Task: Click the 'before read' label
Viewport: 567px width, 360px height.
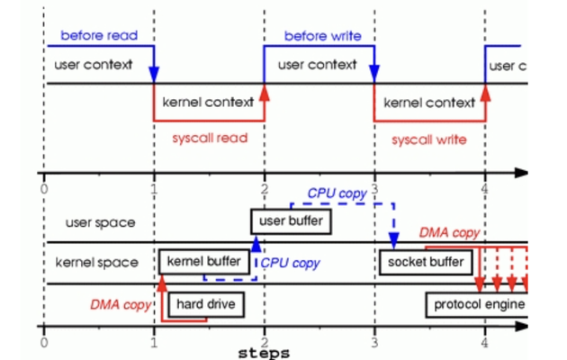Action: (x=99, y=35)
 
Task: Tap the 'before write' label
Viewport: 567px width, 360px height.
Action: (x=322, y=36)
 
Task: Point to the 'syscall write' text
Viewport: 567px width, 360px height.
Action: (x=428, y=139)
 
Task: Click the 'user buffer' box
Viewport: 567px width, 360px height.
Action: (x=290, y=220)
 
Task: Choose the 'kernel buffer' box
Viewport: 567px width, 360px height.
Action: (x=204, y=262)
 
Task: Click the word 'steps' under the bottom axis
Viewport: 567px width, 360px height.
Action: (x=264, y=354)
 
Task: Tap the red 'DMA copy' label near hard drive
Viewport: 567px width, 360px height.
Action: (x=119, y=304)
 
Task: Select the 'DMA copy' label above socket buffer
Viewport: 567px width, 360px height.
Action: (x=449, y=233)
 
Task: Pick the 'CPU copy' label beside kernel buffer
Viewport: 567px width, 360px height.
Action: (x=290, y=264)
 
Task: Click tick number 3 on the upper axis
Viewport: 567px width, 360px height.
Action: (x=374, y=190)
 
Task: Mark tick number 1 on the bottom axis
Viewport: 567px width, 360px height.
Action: (x=155, y=343)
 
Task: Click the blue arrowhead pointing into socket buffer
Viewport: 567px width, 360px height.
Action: (x=394, y=244)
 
